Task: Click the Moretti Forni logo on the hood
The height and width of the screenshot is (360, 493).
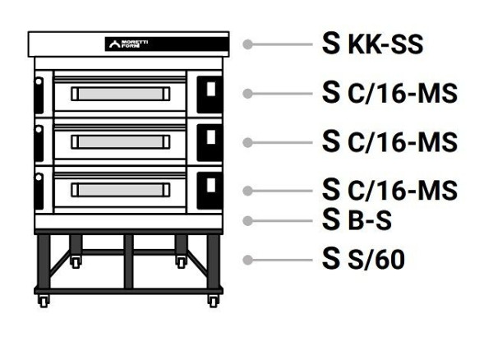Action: [127, 44]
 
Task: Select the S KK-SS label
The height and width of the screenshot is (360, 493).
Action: [373, 44]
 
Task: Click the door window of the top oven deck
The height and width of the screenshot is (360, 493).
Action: [120, 95]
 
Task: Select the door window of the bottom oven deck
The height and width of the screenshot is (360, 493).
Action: [120, 190]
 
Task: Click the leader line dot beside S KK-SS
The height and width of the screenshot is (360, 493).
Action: [247, 44]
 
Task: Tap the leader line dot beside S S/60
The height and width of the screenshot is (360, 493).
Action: [247, 260]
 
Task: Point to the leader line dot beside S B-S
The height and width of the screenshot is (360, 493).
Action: [247, 220]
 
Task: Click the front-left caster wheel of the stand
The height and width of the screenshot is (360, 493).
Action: [43, 301]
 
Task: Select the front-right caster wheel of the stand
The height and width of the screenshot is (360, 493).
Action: [213, 301]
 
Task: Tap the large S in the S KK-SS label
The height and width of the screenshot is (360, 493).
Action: [333, 44]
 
